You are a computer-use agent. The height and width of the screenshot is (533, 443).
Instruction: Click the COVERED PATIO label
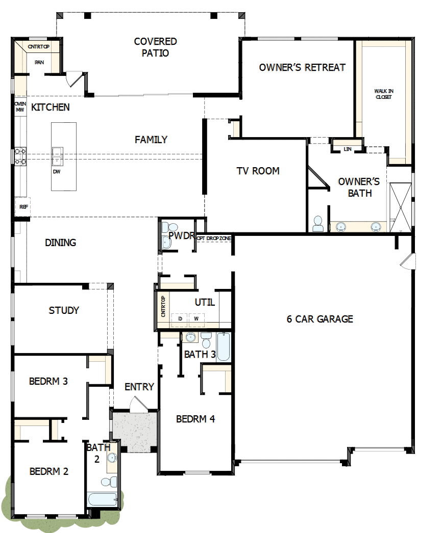click(155, 47)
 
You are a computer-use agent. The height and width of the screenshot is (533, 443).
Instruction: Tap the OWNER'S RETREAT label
click(302, 67)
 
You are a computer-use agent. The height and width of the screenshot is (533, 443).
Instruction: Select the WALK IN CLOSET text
click(384, 94)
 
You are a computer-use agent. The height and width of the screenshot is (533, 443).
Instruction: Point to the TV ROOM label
click(258, 171)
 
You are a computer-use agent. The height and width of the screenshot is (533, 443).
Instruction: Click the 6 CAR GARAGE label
click(319, 319)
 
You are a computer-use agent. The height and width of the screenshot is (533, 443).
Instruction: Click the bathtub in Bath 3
click(223, 347)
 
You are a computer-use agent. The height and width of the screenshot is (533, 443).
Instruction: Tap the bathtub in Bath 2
click(102, 499)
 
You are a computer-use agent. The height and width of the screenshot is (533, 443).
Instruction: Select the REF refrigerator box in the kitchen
click(23, 206)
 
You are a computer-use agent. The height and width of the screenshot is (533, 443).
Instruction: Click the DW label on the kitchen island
click(56, 172)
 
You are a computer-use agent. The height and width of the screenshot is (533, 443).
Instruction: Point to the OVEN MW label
click(20, 106)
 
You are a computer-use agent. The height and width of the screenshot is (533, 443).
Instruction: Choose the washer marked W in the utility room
click(195, 318)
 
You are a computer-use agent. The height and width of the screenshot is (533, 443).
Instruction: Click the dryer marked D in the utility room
click(180, 318)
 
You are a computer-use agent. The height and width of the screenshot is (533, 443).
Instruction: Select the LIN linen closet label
click(348, 149)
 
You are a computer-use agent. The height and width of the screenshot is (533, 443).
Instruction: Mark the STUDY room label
click(64, 310)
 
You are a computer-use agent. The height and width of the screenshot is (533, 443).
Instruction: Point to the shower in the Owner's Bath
click(400, 208)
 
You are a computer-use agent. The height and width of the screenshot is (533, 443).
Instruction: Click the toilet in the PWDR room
click(172, 228)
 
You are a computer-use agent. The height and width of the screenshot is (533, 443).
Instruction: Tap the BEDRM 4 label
click(195, 419)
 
